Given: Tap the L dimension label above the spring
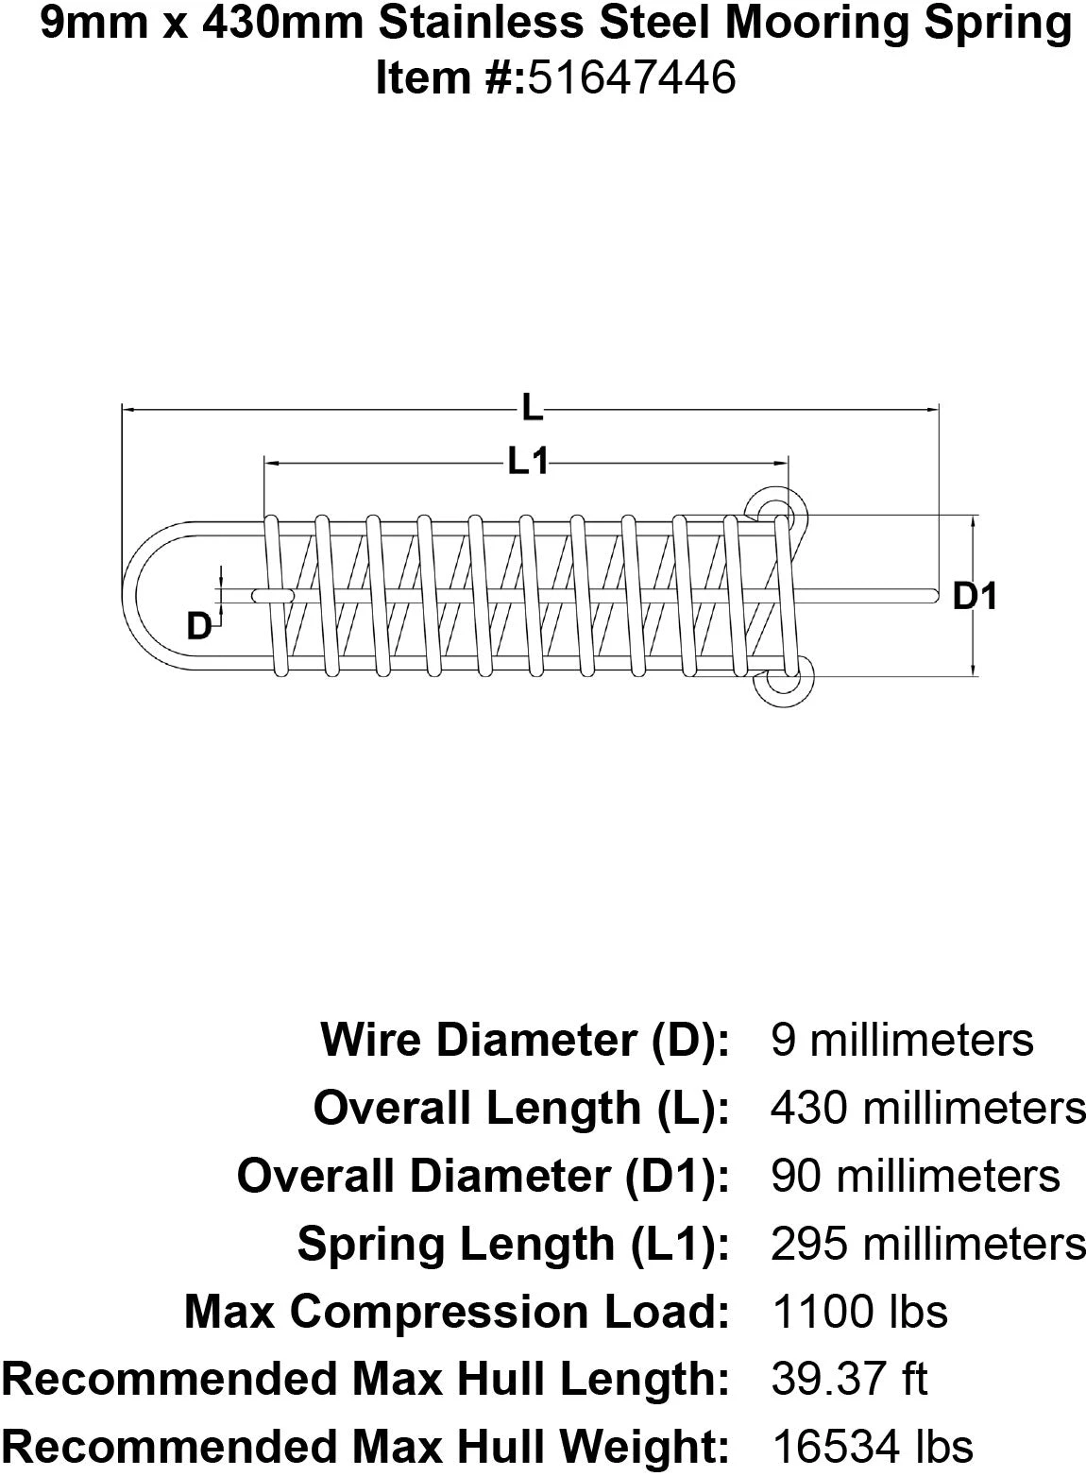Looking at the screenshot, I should point(532,409).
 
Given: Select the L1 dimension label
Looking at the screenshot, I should point(528,462).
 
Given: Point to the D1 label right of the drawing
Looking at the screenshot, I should point(975,596).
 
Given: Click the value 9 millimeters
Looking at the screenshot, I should point(902,1040).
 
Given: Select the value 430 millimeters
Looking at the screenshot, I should point(928,1108).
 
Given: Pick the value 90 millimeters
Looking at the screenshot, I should point(915,1176).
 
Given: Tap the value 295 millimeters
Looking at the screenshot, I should point(928,1244).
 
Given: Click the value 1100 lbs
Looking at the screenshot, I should point(859,1312).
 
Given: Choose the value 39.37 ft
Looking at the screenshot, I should point(849,1380).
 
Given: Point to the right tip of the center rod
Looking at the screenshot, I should point(933,595).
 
